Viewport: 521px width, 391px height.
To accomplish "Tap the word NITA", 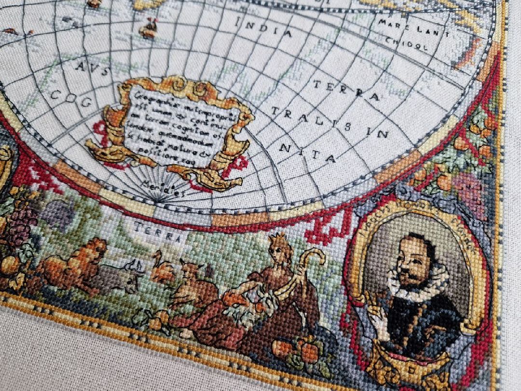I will coord(307,153).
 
